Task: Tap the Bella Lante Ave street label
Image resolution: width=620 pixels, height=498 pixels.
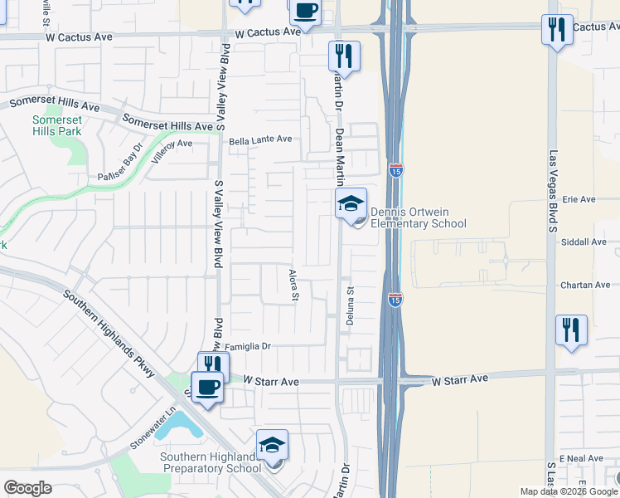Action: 261,140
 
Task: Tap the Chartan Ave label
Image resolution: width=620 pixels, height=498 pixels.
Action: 585,285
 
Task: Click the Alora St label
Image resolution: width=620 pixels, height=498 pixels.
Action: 293,286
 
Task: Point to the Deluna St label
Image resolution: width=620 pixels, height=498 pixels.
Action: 351,306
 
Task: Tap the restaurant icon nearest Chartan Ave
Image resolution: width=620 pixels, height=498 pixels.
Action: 571,329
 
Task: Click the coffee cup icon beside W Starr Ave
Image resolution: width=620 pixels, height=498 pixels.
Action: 207,387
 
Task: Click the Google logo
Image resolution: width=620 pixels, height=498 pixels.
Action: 27,488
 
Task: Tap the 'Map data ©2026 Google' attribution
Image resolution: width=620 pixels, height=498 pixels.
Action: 569,491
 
